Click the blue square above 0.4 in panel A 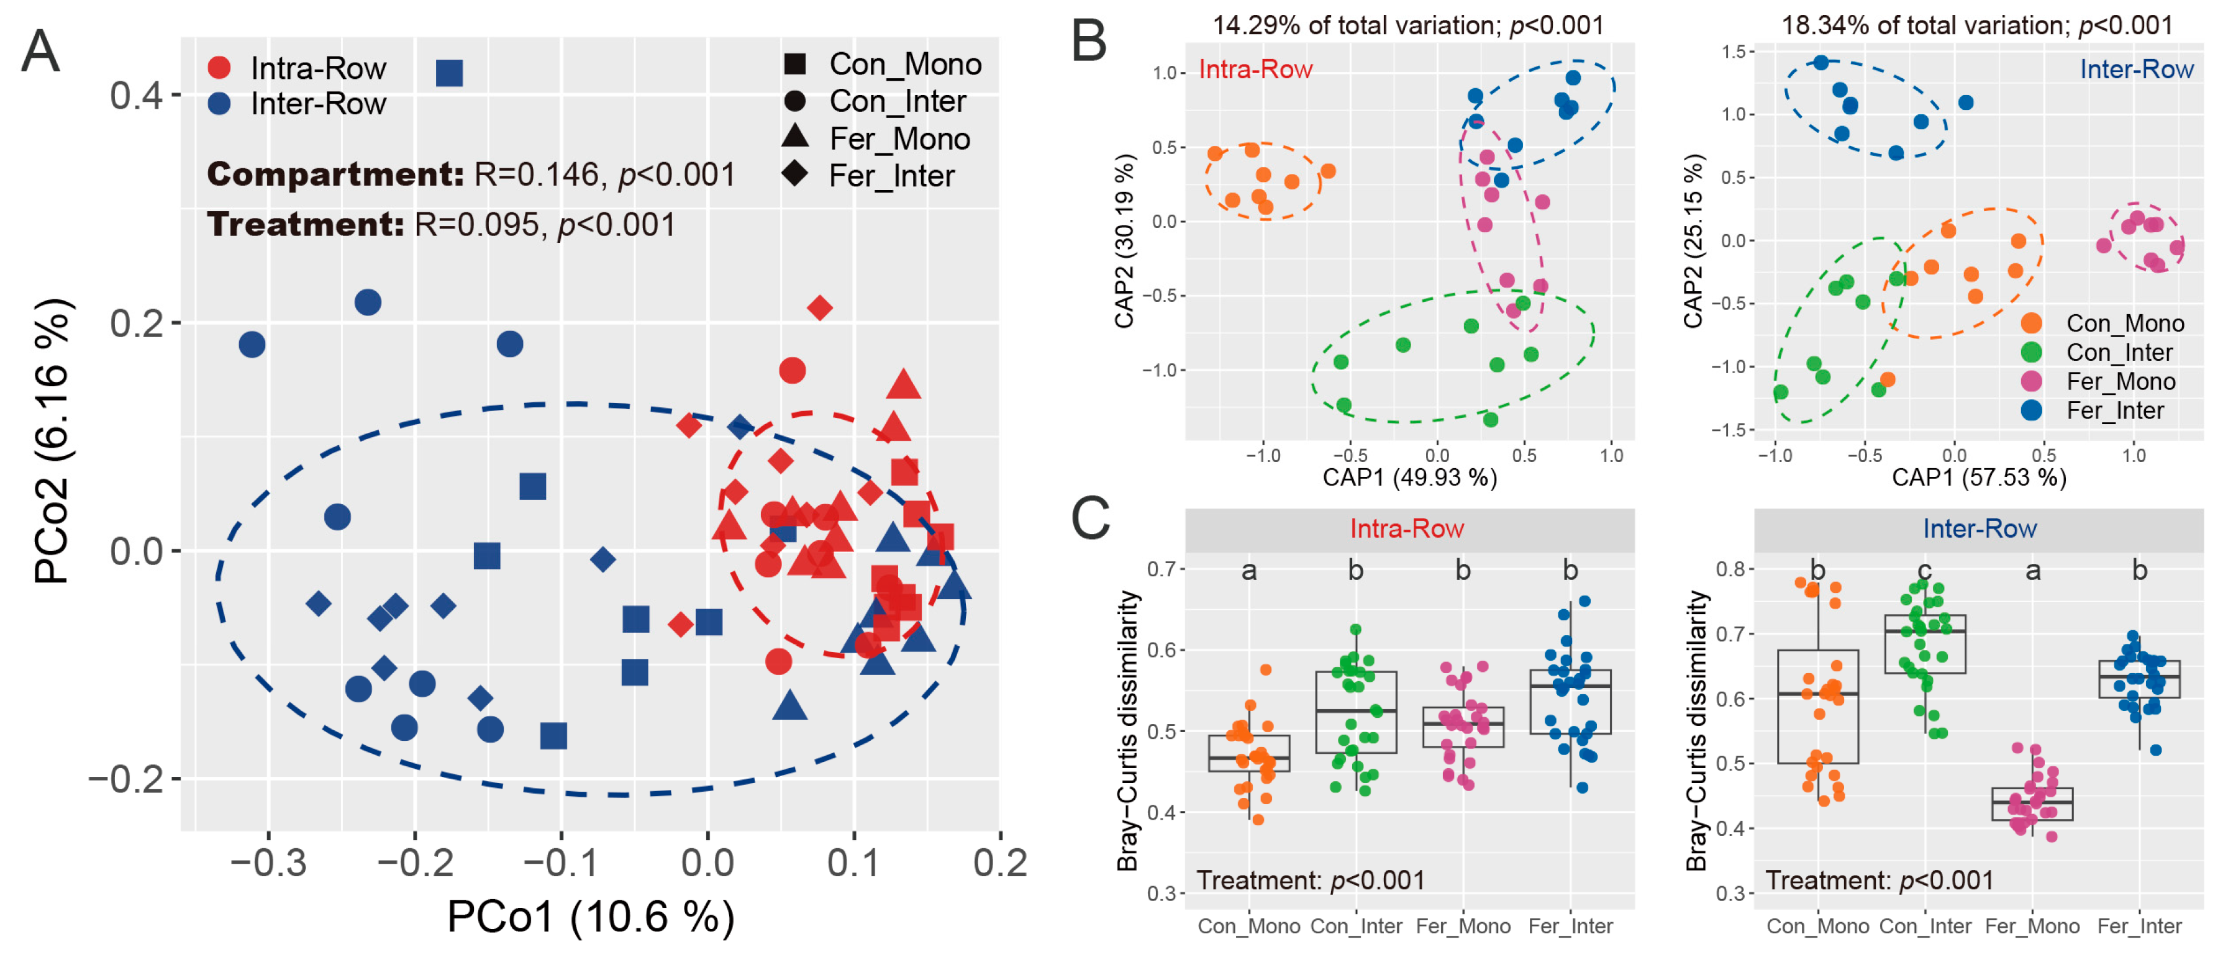(x=448, y=73)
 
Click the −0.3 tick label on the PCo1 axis (x=268, y=863)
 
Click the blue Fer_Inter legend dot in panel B (x=2032, y=410)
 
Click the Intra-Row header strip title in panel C (x=1407, y=528)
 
